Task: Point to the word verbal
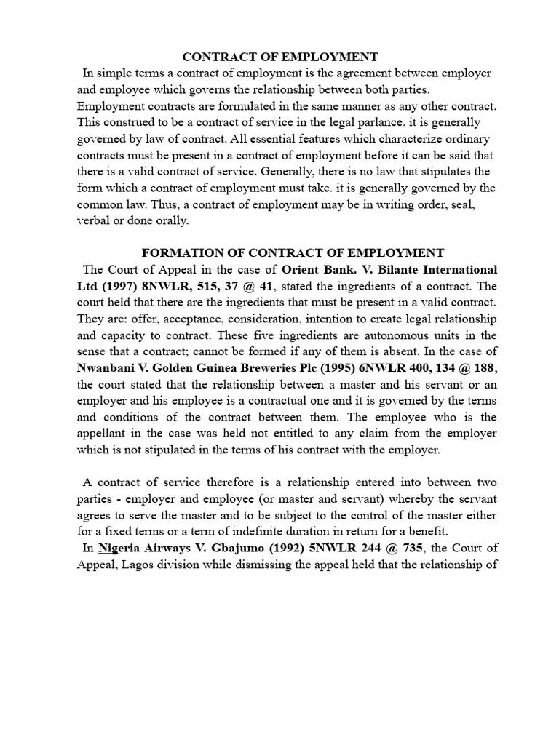point(93,221)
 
